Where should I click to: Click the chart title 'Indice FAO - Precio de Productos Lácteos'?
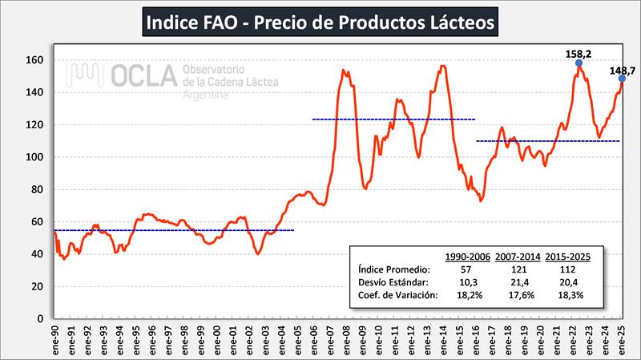[320, 22]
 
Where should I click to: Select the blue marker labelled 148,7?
[622, 79]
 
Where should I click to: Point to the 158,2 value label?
[579, 54]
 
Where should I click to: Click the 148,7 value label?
[622, 71]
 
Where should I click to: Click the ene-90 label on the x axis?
[54, 340]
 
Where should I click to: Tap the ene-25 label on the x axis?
[623, 340]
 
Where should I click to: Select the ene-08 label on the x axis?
[346, 340]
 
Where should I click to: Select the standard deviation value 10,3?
[466, 281]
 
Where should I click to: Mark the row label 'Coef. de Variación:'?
[397, 295]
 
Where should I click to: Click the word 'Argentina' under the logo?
[207, 95]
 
